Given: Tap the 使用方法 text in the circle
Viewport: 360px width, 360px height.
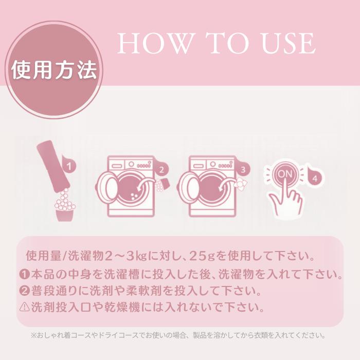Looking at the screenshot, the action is click(x=54, y=70).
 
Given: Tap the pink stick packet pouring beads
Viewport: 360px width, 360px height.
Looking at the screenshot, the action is click(x=53, y=165).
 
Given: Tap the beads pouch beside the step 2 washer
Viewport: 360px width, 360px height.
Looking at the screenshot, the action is click(x=162, y=185).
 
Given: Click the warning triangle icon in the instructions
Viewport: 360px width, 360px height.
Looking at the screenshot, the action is click(x=24, y=307).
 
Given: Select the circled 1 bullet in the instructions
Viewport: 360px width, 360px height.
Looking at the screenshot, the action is click(x=24, y=274).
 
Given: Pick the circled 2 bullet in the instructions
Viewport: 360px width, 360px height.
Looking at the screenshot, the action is click(x=24, y=291).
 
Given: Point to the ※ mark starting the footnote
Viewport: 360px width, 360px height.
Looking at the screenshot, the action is click(x=34, y=335).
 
